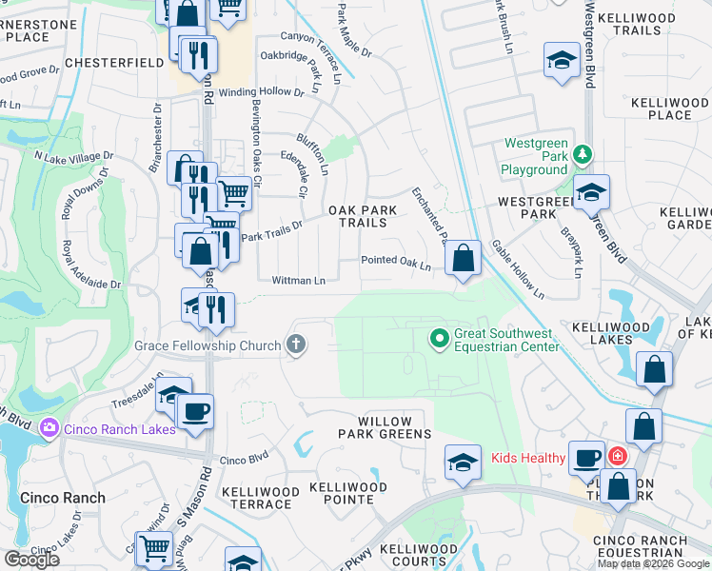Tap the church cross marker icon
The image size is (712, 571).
pyautogui.click(x=296, y=345)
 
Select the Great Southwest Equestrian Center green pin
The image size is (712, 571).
pyautogui.click(x=439, y=337)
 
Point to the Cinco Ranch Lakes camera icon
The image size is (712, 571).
pyautogui.click(x=48, y=429)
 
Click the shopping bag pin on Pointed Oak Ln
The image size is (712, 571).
pyautogui.click(x=463, y=259)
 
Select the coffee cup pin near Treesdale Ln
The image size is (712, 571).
pyautogui.click(x=196, y=412)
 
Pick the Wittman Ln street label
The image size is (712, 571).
pyautogui.click(x=299, y=281)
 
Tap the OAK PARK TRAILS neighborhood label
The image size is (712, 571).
pyautogui.click(x=357, y=216)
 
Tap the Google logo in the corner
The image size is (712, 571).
pyautogui.click(x=30, y=560)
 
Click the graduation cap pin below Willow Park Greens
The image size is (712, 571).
pyautogui.click(x=462, y=463)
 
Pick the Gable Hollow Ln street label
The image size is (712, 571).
pyautogui.click(x=518, y=269)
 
